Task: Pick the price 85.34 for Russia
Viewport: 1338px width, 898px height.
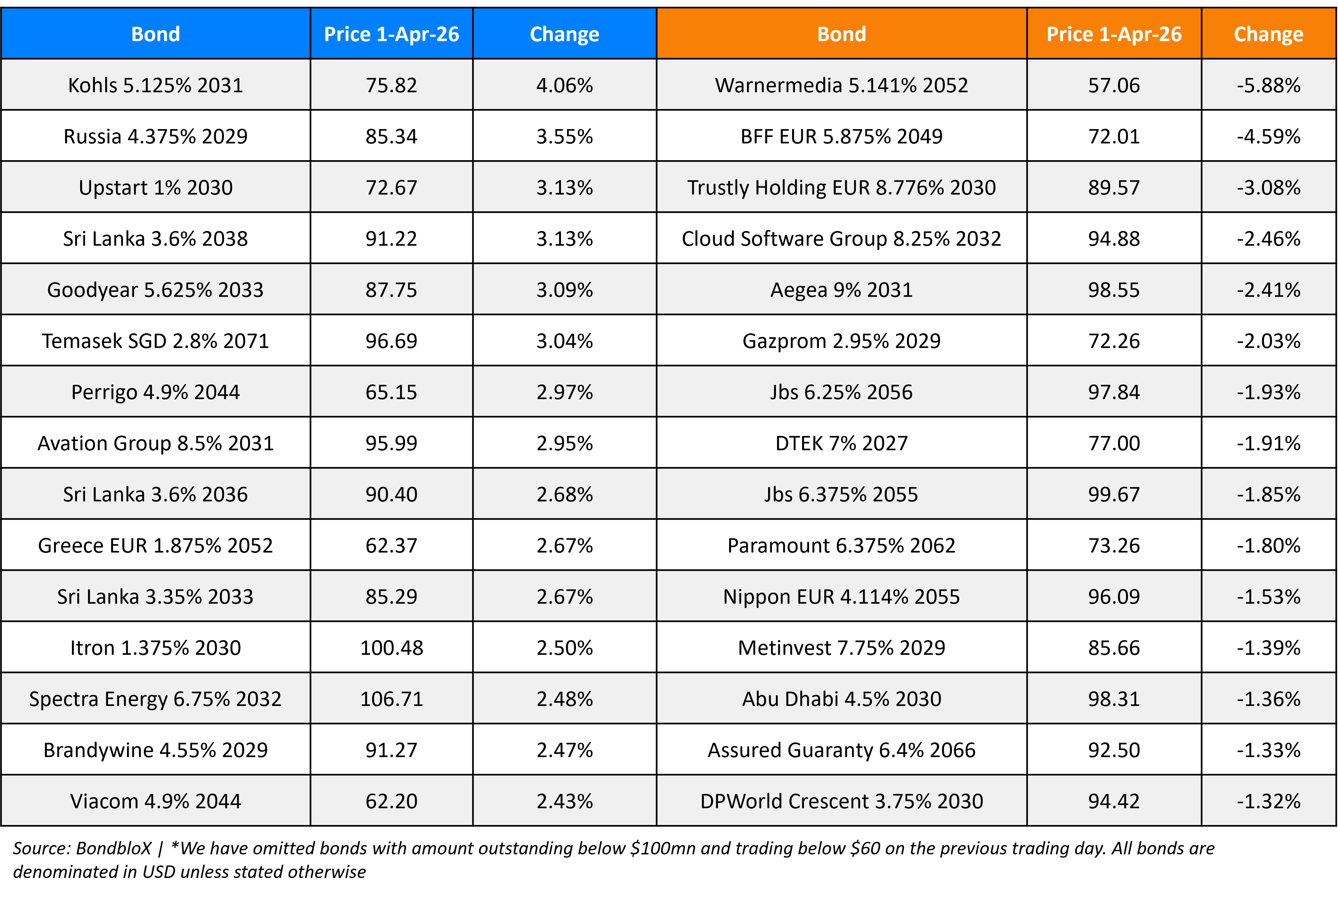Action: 391,136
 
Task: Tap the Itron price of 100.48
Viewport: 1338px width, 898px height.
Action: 391,648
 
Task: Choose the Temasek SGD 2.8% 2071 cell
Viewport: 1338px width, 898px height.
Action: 155,341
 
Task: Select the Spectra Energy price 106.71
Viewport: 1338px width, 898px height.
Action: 391,699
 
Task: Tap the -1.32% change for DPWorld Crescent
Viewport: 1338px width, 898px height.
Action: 1268,801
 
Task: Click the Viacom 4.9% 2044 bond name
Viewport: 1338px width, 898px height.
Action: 155,801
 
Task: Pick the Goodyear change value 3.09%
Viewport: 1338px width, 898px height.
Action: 564,290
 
